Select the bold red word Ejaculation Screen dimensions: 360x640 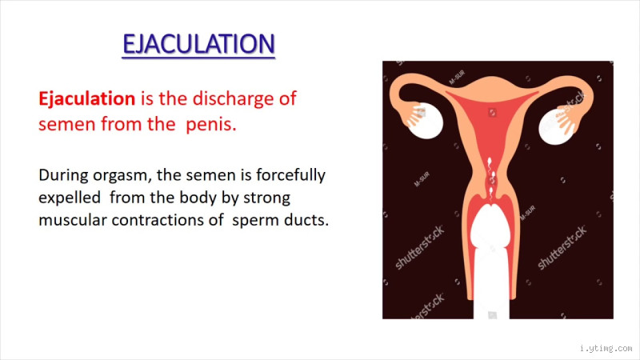click(86, 99)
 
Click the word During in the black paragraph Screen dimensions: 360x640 click(62, 174)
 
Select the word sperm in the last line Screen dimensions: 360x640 click(252, 220)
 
